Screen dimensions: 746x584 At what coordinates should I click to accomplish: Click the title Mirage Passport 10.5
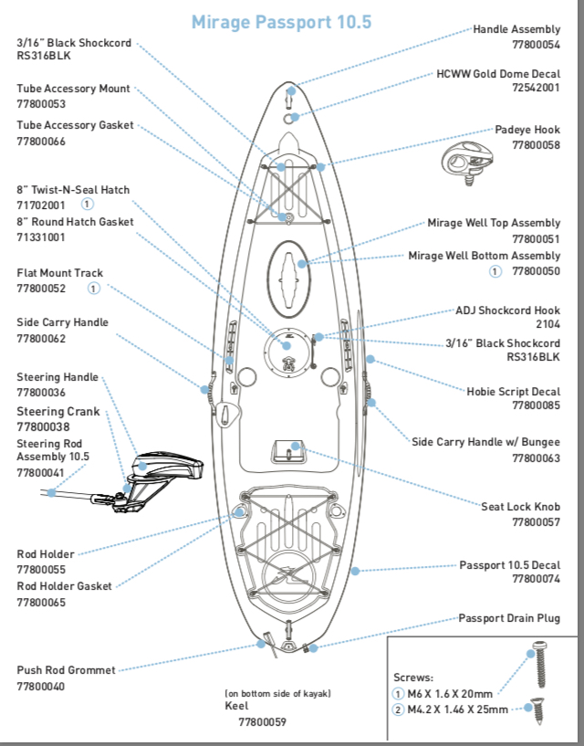[x=282, y=22]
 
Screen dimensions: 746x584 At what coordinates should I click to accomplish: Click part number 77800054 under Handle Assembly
[x=536, y=44]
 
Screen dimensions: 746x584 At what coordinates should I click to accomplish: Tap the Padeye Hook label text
[x=527, y=131]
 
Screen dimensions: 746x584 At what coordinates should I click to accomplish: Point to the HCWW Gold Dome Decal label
[x=498, y=73]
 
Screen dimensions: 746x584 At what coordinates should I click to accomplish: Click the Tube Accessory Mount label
[x=73, y=89]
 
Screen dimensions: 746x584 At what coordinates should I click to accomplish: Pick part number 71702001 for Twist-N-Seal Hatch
[x=41, y=205]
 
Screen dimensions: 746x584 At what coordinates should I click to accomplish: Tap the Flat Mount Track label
[x=59, y=273]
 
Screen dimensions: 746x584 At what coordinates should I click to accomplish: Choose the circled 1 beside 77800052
[x=93, y=289]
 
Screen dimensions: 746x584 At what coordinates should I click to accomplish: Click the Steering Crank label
[x=58, y=412]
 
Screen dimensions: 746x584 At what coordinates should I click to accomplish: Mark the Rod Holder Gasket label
[x=64, y=586]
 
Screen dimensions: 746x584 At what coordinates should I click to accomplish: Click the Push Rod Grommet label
[x=66, y=670]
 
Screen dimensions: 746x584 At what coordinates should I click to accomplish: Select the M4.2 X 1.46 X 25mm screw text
[x=457, y=709]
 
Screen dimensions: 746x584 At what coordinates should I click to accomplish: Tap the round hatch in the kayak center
[x=288, y=350]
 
